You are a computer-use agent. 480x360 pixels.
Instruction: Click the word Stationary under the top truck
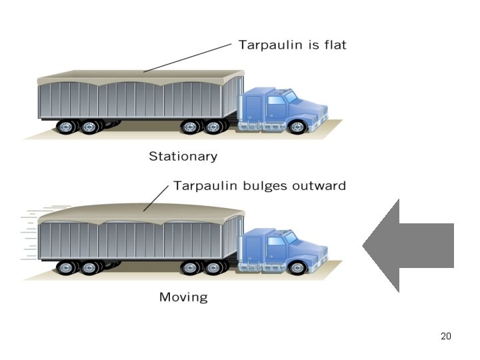coord(183,157)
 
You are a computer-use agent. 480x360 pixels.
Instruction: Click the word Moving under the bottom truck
coord(183,297)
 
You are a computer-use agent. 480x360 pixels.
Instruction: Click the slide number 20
coord(446,336)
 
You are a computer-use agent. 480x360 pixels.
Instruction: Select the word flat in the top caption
coord(333,45)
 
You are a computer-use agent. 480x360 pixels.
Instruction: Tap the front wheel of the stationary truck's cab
coord(298,127)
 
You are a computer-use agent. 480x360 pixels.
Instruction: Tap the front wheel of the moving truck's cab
coord(298,268)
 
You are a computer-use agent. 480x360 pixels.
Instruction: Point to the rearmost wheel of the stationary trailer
coord(66,127)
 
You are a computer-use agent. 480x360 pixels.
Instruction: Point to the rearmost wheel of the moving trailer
coord(66,268)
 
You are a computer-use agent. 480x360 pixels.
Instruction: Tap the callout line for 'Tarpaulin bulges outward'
coord(156,198)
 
